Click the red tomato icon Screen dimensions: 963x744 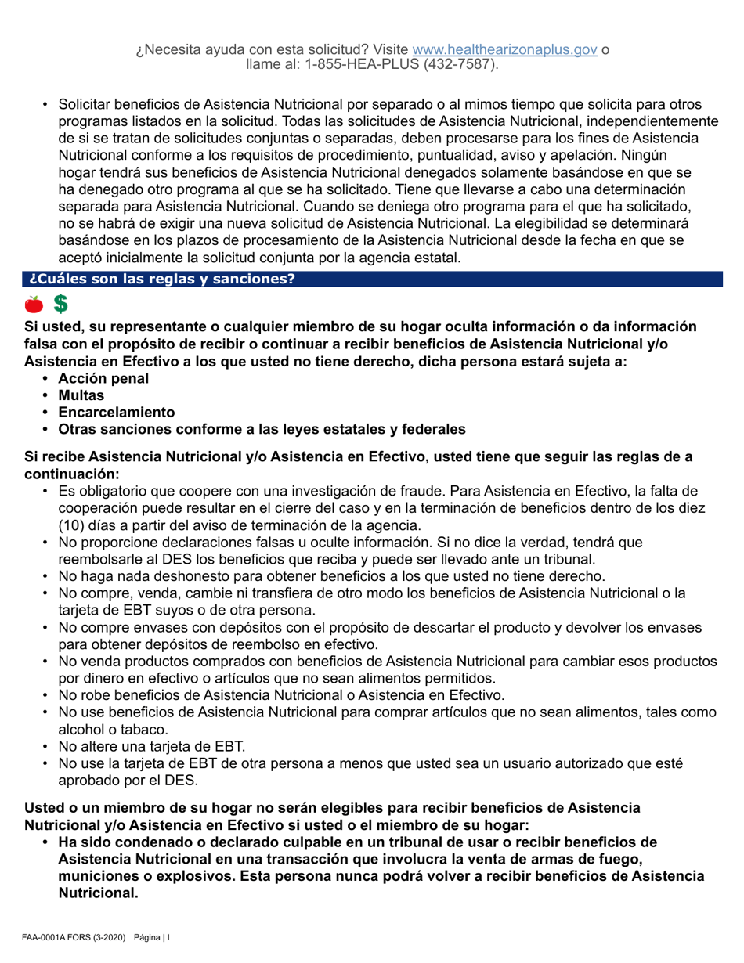[x=34, y=303]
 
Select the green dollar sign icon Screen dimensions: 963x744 [x=59, y=303]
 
